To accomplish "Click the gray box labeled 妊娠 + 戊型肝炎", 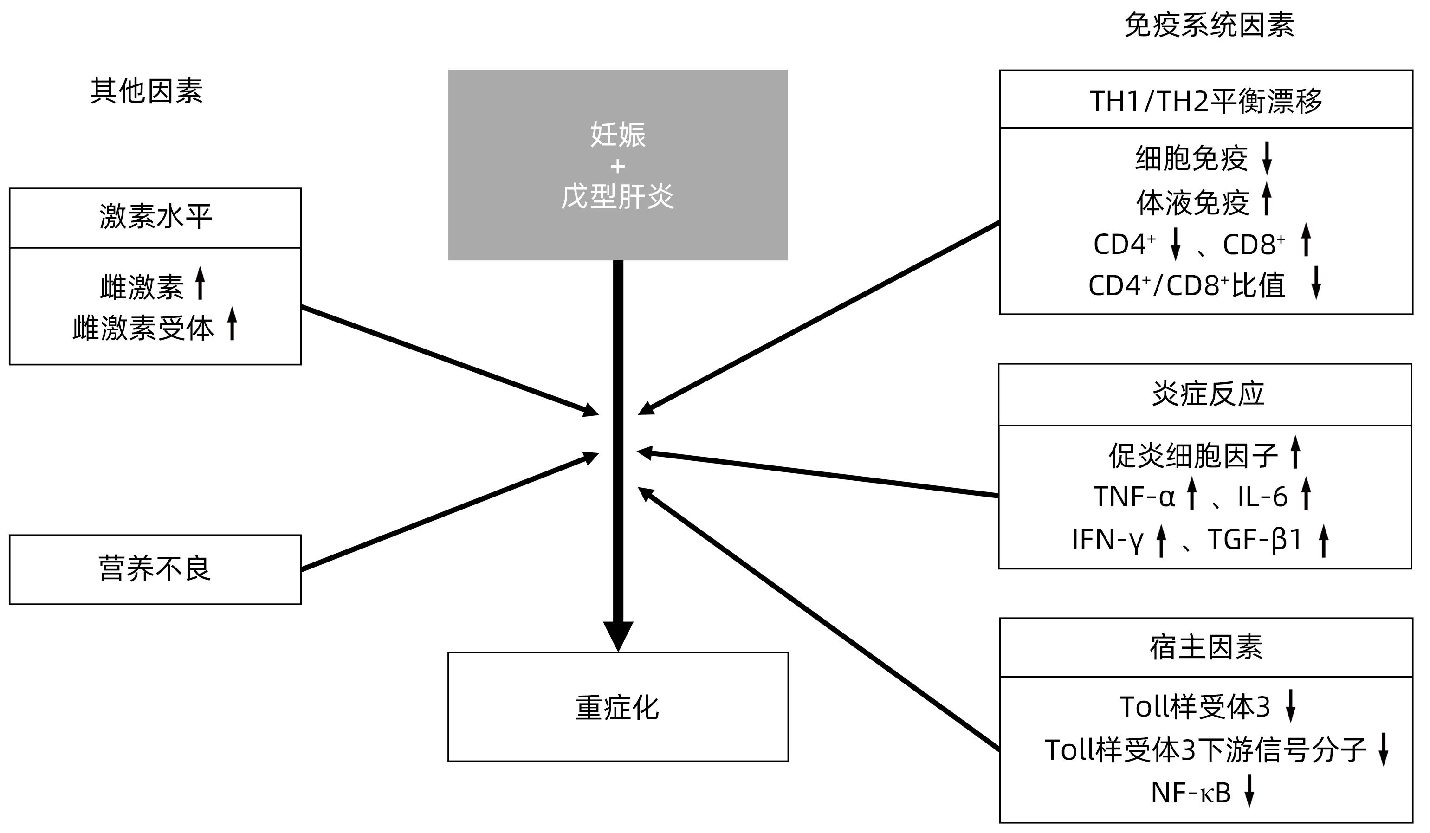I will (x=617, y=165).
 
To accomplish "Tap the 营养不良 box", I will (x=155, y=569).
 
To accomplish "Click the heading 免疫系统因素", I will (x=1209, y=26).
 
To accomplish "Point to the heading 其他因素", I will (x=146, y=91).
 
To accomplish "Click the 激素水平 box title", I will (x=155, y=217).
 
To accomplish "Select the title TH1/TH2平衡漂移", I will (x=1206, y=101).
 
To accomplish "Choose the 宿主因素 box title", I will (x=1206, y=647).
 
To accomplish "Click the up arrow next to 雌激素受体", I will (x=232, y=323).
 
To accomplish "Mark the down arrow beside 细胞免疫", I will (x=1267, y=158).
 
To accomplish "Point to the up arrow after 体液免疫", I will (x=1267, y=199).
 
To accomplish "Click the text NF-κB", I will (x=1191, y=793).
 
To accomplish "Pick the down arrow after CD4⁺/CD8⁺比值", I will (x=1316, y=283).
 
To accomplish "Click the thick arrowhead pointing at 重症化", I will (x=617, y=635).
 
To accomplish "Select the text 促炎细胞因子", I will (x=1193, y=455).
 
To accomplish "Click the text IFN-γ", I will (x=1107, y=540).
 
